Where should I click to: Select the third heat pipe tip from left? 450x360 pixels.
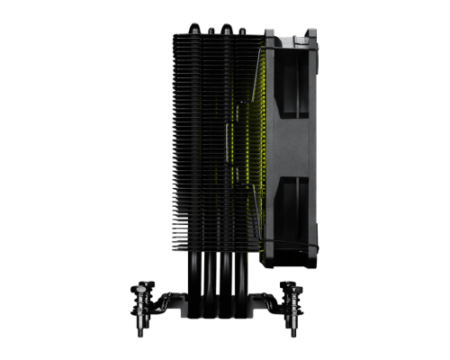point(227,29)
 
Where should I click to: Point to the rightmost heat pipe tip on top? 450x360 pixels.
point(244,29)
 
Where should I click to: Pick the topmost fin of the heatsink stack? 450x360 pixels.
point(216,37)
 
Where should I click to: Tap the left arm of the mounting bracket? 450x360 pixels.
point(166,301)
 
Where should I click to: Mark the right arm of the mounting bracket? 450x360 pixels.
point(267,301)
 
